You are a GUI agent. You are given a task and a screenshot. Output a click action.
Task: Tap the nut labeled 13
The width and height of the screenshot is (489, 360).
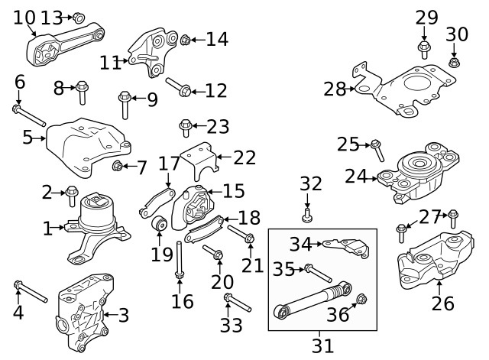click(x=78, y=17)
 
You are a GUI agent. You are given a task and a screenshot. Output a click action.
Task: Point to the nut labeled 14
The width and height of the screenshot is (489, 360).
click(x=185, y=39)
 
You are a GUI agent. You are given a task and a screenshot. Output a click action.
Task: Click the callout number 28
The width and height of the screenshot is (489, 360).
click(x=335, y=89)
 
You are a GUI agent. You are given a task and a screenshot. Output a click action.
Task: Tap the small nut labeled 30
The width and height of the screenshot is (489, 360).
click(x=454, y=62)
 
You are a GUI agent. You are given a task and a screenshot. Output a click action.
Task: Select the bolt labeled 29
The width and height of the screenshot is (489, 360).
click(x=424, y=50)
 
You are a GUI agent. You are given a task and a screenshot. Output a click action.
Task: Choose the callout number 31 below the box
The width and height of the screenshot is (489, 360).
click(x=322, y=345)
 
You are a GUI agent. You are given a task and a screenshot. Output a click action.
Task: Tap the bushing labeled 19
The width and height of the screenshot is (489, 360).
click(x=160, y=225)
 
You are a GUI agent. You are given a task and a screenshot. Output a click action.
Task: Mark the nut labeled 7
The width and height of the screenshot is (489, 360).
click(x=117, y=166)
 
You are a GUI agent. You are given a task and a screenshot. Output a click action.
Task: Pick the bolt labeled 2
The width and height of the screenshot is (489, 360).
click(x=72, y=193)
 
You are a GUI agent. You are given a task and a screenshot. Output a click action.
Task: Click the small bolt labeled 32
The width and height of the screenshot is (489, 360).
click(x=307, y=218)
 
